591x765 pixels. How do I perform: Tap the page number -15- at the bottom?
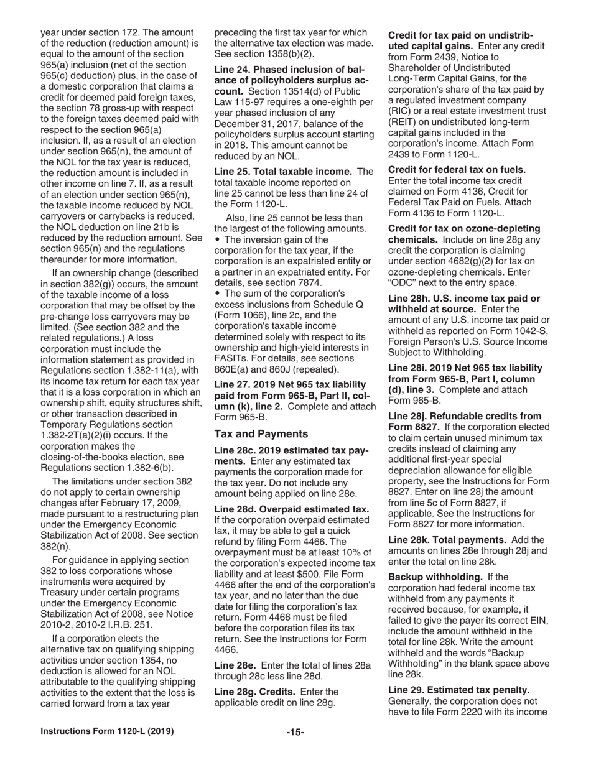click(295, 732)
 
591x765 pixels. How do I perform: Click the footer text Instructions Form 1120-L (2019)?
click(108, 731)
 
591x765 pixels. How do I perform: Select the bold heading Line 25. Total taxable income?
click(283, 171)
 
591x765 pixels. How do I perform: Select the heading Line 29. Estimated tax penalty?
click(458, 690)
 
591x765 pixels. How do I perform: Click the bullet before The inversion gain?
click(217, 239)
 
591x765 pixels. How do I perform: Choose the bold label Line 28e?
click(235, 665)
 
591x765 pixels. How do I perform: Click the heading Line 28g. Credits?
click(254, 692)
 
